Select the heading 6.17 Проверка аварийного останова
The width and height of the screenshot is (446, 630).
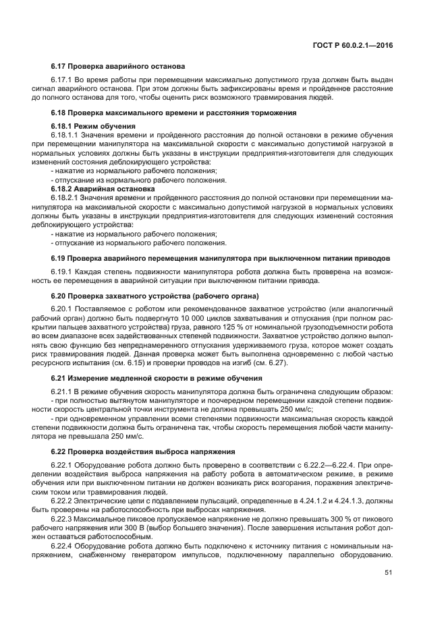tap(117, 67)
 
